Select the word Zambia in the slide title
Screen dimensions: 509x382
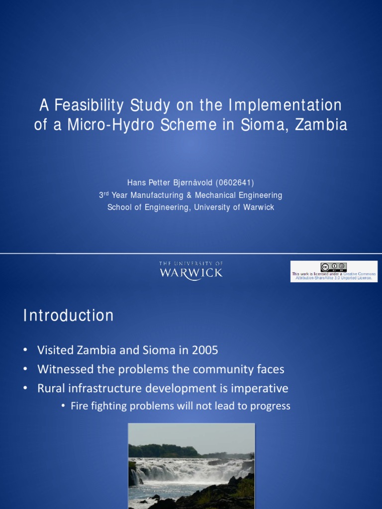point(321,124)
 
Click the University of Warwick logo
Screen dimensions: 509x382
point(191,270)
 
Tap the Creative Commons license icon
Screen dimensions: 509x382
point(333,267)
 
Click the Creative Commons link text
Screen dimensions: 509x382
point(360,274)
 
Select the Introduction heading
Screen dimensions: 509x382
point(68,316)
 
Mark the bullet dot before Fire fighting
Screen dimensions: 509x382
point(63,406)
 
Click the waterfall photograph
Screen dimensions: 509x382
point(191,466)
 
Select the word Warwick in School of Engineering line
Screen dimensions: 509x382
point(259,207)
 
